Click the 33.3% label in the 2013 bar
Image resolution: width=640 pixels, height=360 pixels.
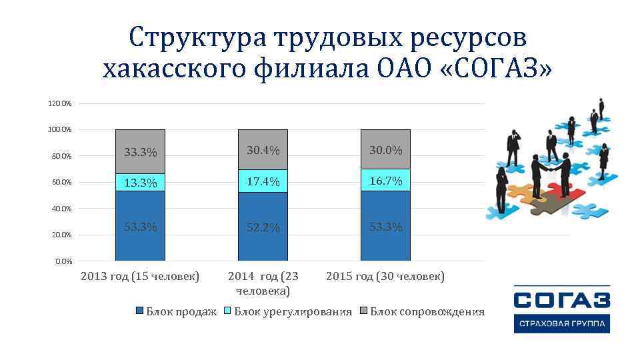pos(140,153)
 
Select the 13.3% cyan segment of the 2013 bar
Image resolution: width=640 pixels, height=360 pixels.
pos(140,183)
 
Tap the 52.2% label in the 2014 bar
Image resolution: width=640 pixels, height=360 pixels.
pos(263,228)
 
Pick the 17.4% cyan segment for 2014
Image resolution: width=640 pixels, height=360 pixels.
pos(263,181)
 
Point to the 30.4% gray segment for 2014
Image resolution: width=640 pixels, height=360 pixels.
pos(263,151)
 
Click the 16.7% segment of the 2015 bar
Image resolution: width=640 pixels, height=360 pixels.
pos(385,181)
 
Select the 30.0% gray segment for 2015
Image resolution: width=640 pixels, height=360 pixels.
pos(385,150)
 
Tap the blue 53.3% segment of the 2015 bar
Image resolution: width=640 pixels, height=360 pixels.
pos(385,227)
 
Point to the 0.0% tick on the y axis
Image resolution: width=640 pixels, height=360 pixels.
pos(63,261)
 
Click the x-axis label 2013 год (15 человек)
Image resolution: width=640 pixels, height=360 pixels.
pos(140,276)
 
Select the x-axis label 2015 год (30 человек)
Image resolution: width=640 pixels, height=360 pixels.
pos(385,276)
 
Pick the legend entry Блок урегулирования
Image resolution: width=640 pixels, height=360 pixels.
pos(293,312)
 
